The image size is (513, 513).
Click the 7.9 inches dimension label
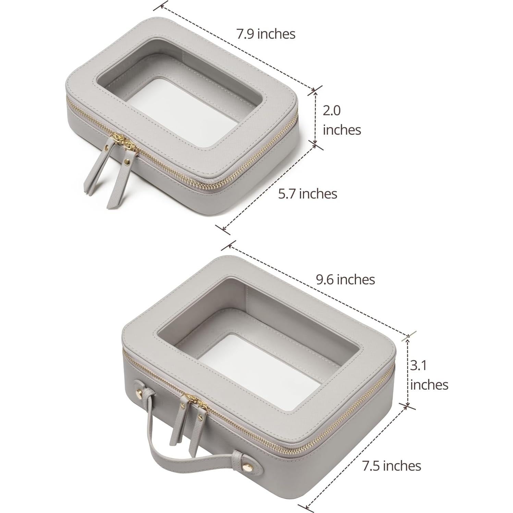click(266, 34)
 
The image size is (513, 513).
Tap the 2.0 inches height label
click(342, 120)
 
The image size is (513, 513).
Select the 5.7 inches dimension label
click(307, 194)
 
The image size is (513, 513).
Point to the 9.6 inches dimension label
click(345, 279)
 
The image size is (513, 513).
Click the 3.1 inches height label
click(429, 375)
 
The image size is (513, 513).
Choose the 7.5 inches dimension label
click(392, 466)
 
